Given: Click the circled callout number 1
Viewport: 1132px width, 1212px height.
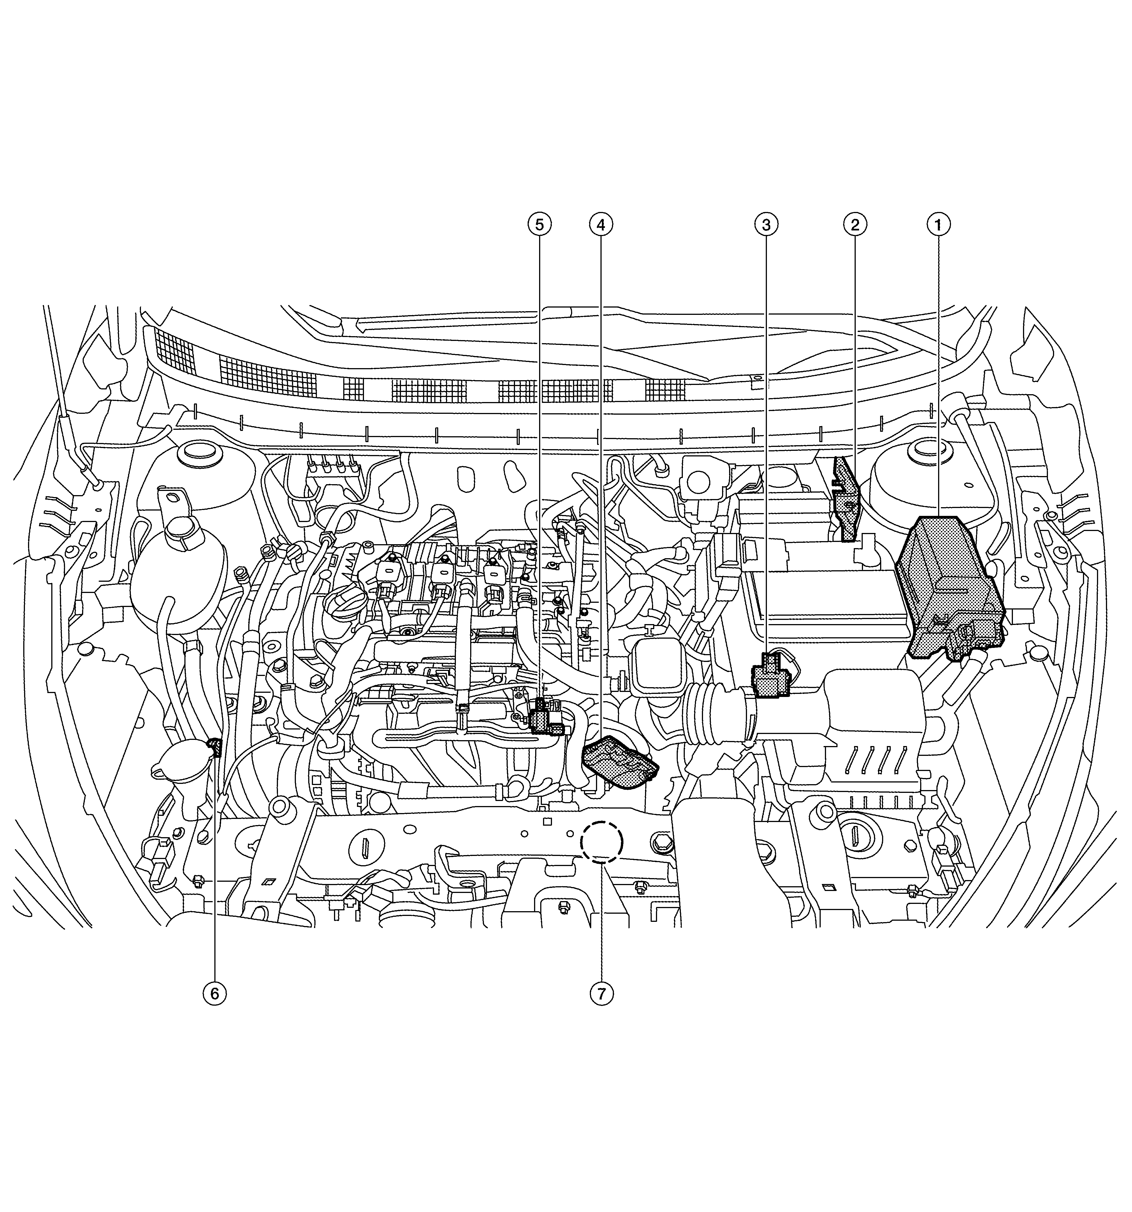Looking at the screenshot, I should pyautogui.click(x=938, y=225).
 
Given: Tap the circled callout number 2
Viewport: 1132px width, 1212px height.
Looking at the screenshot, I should pyautogui.click(x=855, y=225).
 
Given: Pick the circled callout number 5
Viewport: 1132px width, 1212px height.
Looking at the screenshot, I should pyautogui.click(x=539, y=225).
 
